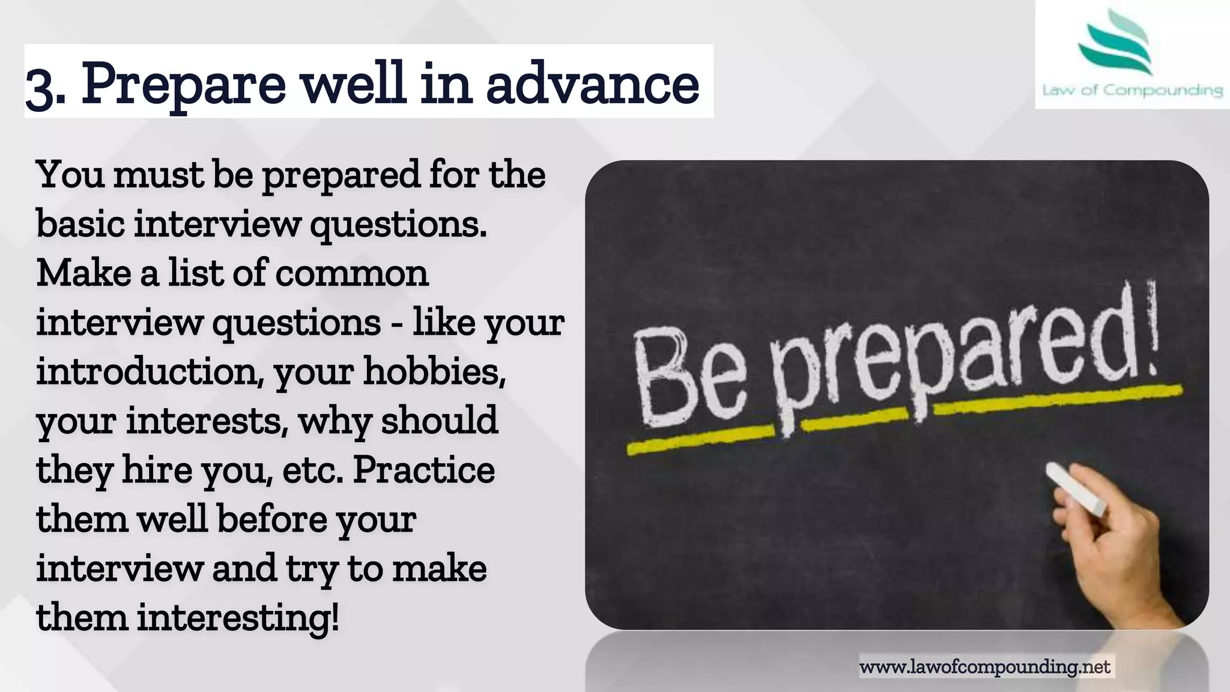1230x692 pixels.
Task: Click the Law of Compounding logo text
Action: [1132, 91]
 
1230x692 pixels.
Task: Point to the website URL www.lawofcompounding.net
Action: [985, 667]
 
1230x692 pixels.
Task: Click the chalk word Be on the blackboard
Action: [691, 381]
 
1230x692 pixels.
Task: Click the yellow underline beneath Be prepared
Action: [901, 414]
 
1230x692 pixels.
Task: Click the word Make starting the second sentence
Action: [83, 273]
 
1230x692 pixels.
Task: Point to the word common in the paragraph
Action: [352, 273]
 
